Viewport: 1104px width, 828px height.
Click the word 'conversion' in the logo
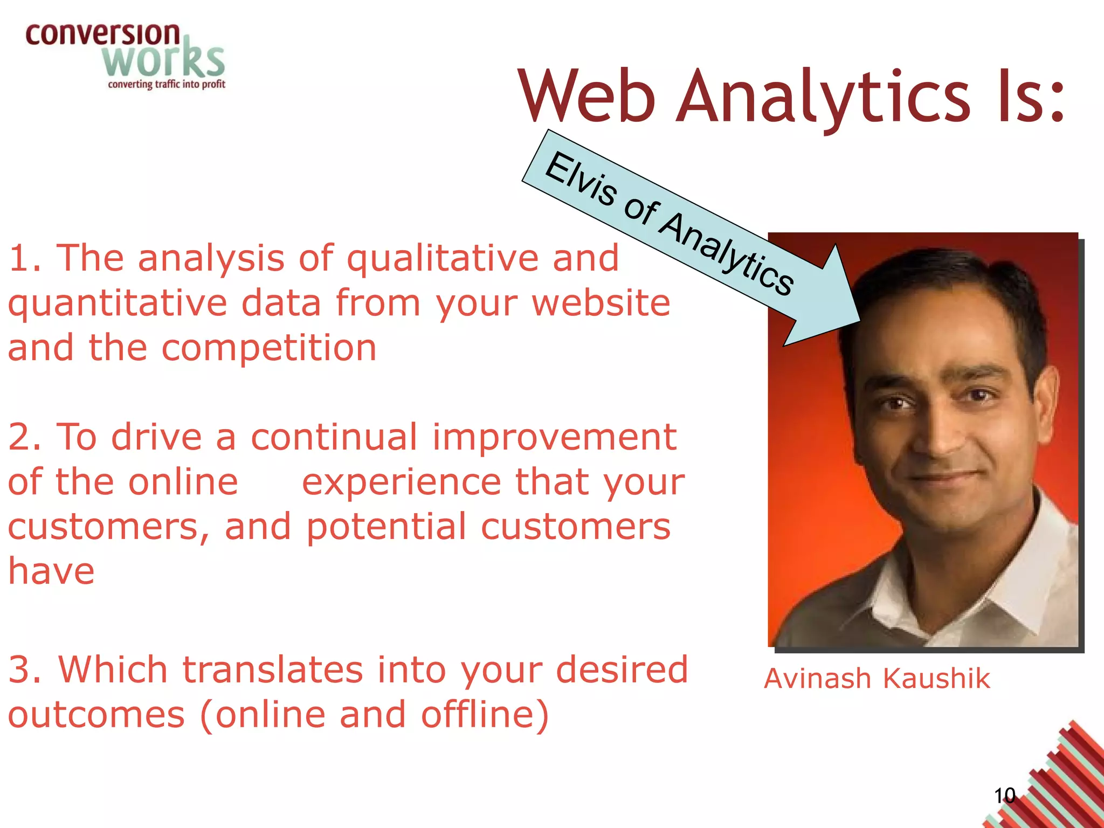tap(102, 34)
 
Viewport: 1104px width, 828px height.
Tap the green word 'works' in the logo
tap(163, 60)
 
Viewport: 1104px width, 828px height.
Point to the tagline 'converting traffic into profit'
tap(167, 84)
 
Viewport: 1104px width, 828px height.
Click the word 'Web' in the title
tap(586, 97)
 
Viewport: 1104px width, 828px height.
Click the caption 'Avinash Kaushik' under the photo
tap(877, 678)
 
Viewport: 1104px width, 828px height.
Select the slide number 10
tap(1004, 796)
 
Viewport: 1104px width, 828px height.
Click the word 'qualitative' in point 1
tap(442, 259)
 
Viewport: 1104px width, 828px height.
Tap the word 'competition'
tap(269, 348)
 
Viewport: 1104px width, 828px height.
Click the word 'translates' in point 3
tap(272, 670)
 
